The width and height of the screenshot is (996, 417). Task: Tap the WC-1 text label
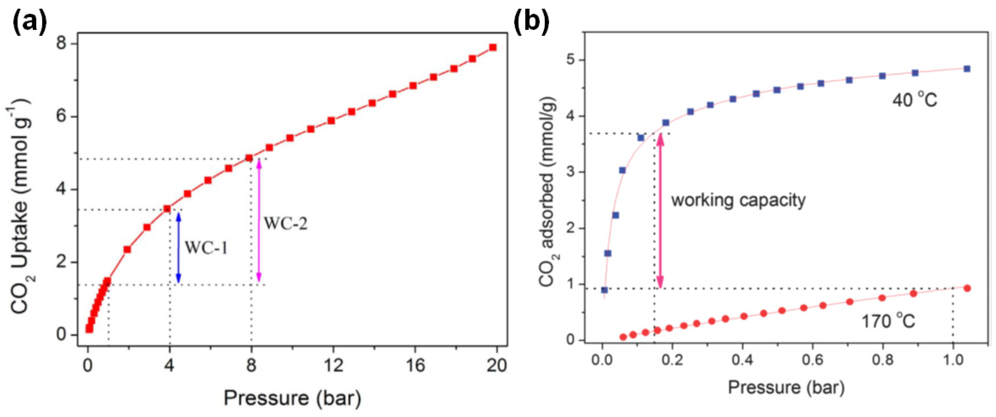point(206,248)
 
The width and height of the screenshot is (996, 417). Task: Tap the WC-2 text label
point(285,224)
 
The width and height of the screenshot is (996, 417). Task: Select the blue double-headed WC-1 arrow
point(179,248)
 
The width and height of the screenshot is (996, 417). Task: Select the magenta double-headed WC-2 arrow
point(259,220)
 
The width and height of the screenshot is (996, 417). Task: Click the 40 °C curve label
point(914,101)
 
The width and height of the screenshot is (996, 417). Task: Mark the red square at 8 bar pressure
point(249,158)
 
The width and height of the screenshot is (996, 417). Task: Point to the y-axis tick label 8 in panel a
point(62,43)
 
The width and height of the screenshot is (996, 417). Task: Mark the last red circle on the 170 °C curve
point(967,288)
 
